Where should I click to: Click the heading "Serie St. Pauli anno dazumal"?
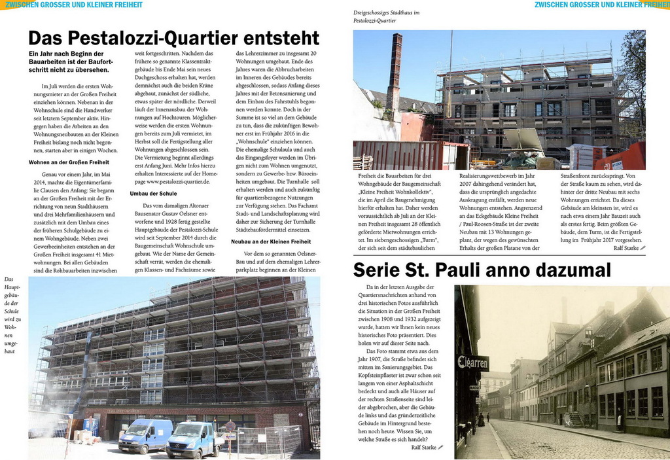(x=482, y=270)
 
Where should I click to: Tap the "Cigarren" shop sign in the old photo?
(x=472, y=362)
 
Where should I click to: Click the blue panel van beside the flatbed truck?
(x=145, y=434)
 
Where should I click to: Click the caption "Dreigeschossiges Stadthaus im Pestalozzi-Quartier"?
(x=386, y=16)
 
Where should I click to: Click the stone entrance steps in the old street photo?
(x=575, y=419)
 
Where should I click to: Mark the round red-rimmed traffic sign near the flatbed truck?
(x=230, y=426)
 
